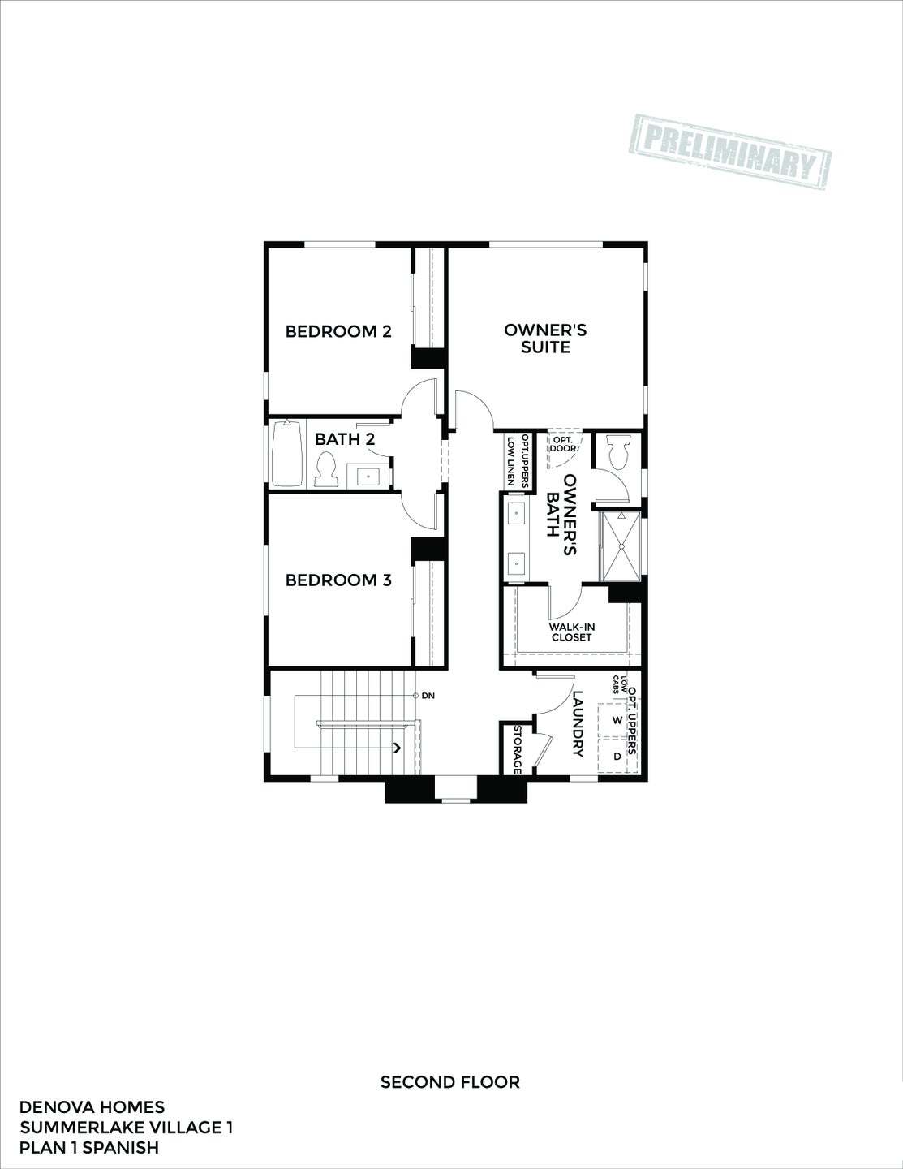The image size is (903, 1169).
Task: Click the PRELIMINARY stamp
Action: coord(733,153)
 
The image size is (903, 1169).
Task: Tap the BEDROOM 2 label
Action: coord(338,331)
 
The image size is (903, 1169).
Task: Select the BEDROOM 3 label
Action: coord(338,580)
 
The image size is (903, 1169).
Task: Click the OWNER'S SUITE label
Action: coord(545,339)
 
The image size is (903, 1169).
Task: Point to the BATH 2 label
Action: coord(345,439)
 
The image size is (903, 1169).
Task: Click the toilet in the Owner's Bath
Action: coord(618,451)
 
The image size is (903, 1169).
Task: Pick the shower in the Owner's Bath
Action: coord(621,547)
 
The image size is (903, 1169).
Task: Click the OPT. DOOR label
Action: coord(564,443)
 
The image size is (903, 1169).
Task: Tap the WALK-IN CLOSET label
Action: coord(571,632)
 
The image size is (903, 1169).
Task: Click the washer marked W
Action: coord(617,720)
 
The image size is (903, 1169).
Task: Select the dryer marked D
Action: coord(617,756)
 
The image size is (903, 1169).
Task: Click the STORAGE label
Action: coord(517,748)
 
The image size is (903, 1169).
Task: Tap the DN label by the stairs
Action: coord(428,696)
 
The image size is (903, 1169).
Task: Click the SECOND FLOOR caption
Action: coord(450,1081)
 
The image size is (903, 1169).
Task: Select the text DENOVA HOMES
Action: coord(92,1107)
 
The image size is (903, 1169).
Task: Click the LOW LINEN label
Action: coord(510,460)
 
